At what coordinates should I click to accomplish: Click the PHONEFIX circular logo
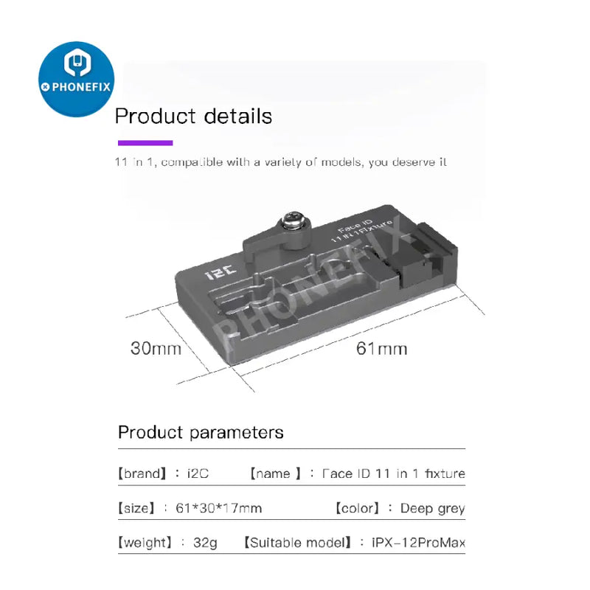coord(76,79)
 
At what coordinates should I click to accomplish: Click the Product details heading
coord(193,117)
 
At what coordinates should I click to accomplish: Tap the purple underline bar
coord(145,143)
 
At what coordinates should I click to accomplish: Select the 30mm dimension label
coord(156,347)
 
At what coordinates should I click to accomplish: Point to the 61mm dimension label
coord(381,347)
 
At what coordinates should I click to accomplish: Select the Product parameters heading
coord(201,432)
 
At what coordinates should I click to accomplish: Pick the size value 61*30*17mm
coord(219,508)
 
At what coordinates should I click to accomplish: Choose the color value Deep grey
coord(432,508)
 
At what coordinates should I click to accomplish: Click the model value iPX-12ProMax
coord(418,544)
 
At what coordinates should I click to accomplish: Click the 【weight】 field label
coord(145,544)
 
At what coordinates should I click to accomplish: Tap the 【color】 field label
coord(357,508)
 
